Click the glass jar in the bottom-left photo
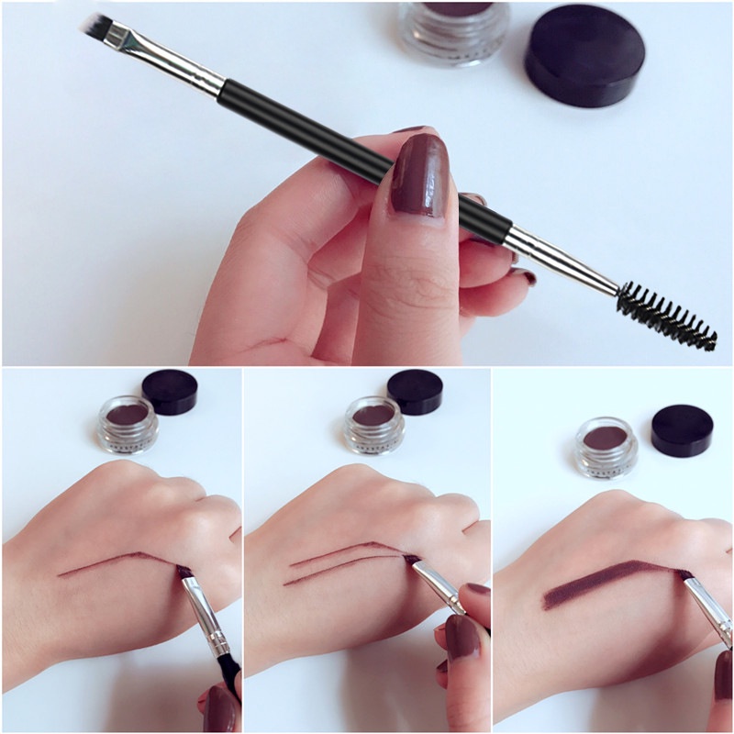click(128, 424)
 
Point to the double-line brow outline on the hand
click(339, 561)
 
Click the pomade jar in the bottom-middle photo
click(373, 424)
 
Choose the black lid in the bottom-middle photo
click(415, 392)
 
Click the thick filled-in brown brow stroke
click(606, 583)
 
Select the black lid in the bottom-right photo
click(682, 430)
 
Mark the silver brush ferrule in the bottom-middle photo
click(439, 587)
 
